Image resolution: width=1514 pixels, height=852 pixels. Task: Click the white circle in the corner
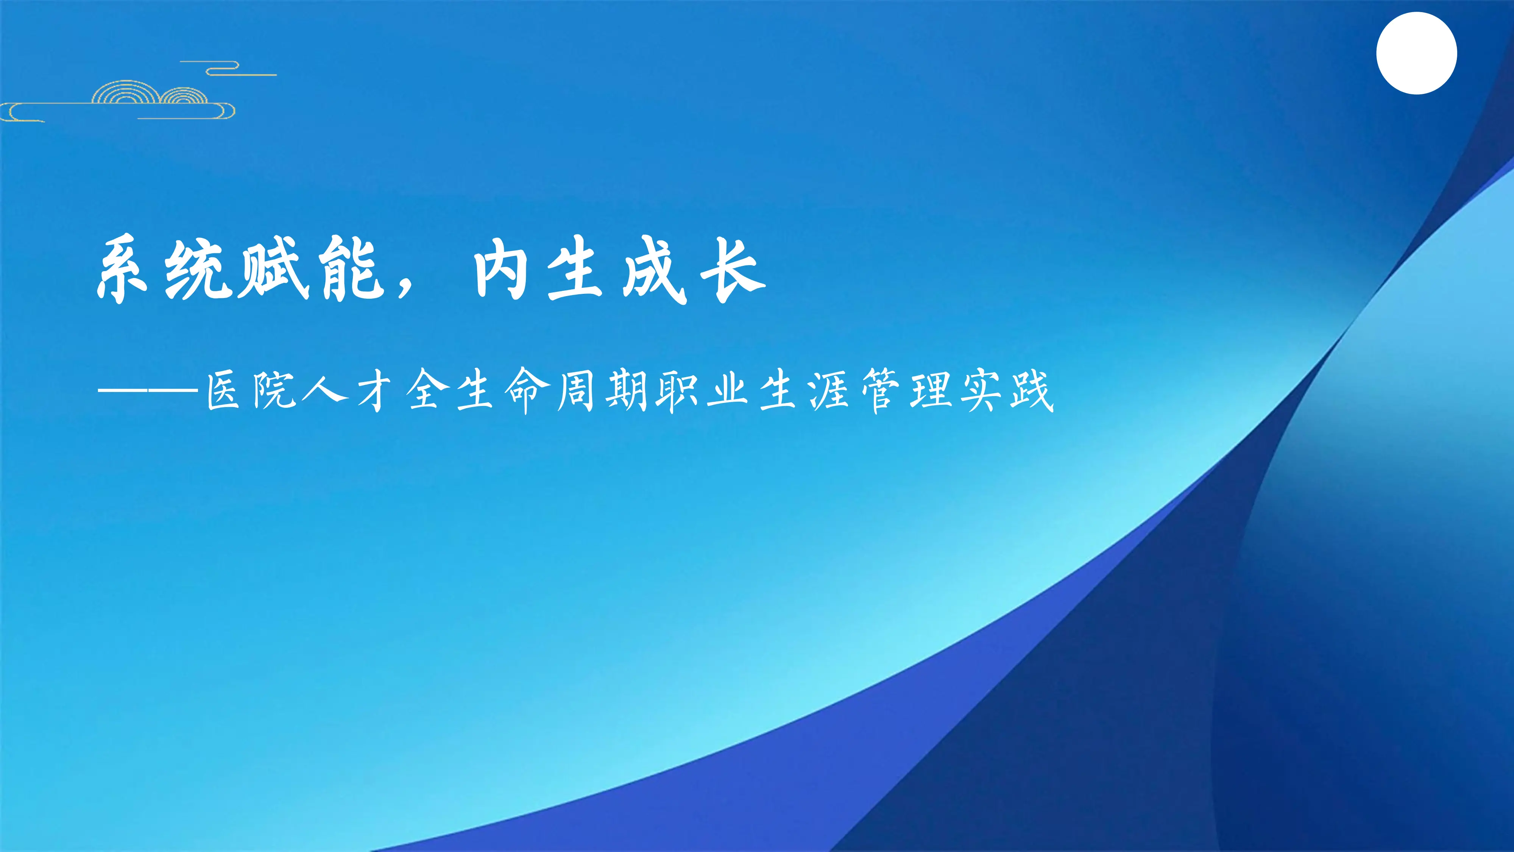(1416, 53)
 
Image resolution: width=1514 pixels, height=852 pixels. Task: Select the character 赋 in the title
(273, 270)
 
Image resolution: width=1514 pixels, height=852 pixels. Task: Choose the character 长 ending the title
(732, 270)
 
